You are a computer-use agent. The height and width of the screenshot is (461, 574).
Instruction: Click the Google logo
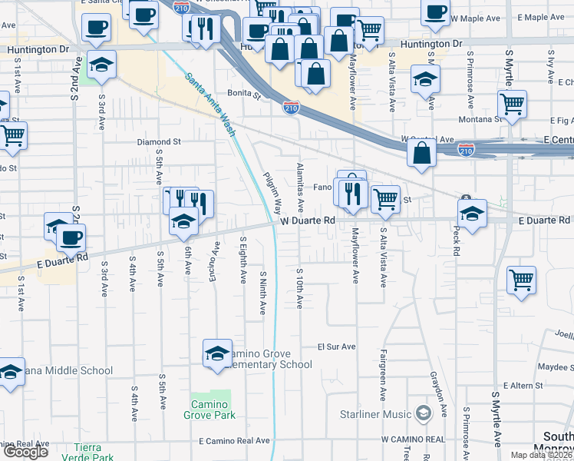tap(25, 452)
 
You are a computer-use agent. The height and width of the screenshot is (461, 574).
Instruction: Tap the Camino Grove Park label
tap(209, 410)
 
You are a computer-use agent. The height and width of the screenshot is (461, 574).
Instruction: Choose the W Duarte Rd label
tap(308, 221)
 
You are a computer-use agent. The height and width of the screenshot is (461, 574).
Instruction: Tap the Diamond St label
tap(159, 142)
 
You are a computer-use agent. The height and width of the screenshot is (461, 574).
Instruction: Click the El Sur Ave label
tap(337, 347)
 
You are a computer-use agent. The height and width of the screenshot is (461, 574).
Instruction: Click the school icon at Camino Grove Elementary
tap(218, 353)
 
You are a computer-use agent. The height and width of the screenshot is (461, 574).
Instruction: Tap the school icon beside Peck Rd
tap(472, 213)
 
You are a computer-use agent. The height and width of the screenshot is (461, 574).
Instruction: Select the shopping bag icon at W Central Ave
tap(421, 153)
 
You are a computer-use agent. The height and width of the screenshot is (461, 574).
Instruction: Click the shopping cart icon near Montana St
tap(512, 104)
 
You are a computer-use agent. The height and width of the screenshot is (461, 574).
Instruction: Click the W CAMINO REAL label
tap(413, 439)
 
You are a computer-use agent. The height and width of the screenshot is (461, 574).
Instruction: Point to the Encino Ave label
tap(216, 260)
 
